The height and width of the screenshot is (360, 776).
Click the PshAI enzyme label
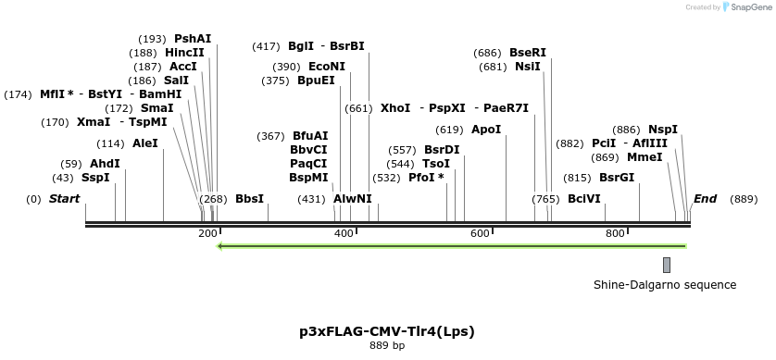193,39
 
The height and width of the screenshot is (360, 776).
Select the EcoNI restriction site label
326,67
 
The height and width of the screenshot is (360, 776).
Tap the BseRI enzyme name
528,53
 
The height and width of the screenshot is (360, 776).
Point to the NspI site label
663,130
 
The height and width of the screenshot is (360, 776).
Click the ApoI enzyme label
486,130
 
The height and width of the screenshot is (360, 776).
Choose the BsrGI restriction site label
617,178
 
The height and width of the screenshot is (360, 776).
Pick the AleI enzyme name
145,143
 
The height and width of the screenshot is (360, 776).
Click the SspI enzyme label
95,178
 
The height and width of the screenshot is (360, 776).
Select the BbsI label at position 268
249,199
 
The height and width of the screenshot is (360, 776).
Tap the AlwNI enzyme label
352,199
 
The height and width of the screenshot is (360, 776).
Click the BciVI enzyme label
584,199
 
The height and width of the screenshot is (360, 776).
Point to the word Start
64,199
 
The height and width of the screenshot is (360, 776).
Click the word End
705,199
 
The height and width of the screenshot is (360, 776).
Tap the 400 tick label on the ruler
344,233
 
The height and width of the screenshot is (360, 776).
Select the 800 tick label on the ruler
616,233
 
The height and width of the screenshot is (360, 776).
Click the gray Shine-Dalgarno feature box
667,265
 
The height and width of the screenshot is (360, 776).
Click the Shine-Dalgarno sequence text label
665,285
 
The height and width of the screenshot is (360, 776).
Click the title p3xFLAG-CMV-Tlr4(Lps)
387,330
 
